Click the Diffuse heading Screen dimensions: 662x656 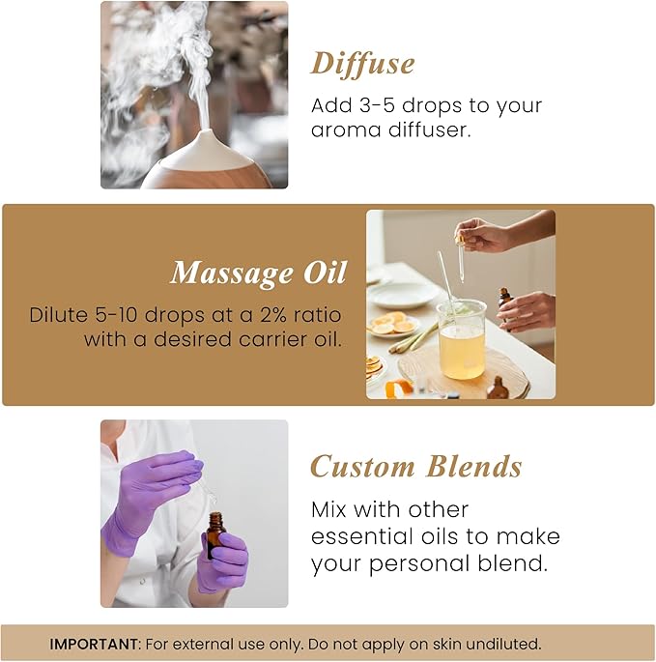click(362, 64)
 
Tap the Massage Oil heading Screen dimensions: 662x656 click(258, 273)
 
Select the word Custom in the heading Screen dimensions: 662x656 click(361, 467)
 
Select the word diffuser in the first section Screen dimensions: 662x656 click(424, 129)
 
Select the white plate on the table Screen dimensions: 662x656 click(401, 294)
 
